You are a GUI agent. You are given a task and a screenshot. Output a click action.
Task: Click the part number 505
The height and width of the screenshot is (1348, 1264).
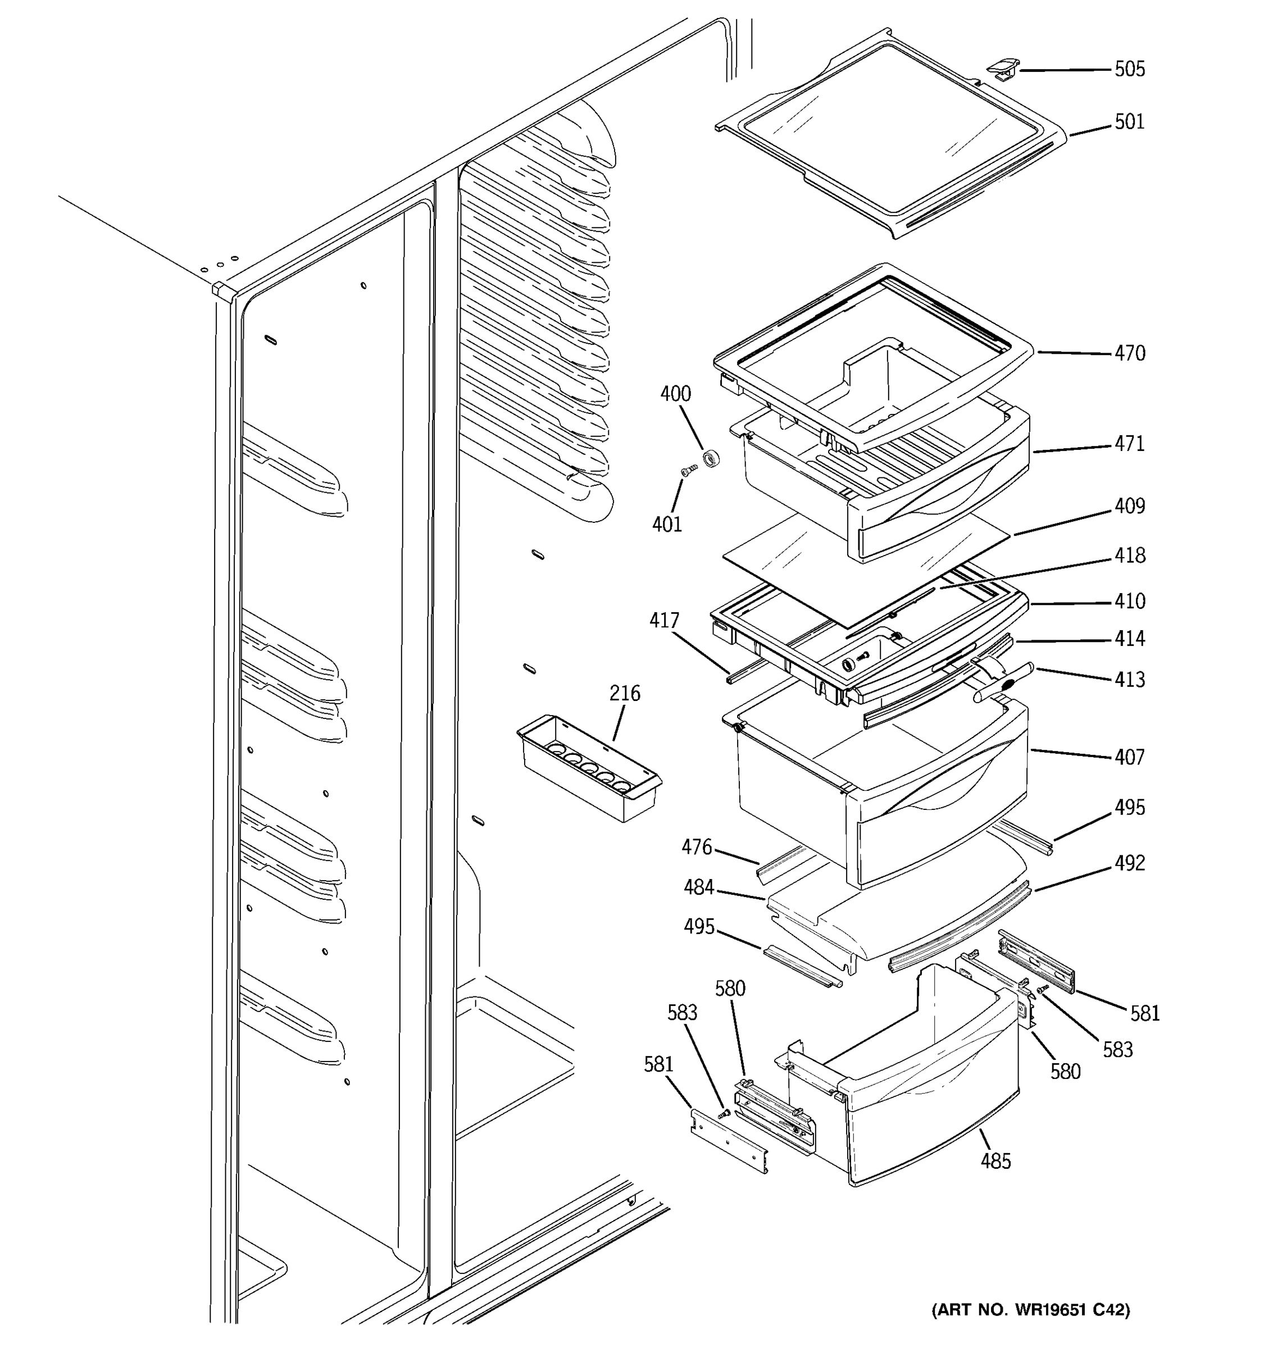click(1130, 69)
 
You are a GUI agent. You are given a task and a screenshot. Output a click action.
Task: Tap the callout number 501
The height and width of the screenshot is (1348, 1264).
click(1130, 122)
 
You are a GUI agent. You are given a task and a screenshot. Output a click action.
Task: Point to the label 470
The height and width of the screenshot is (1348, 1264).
click(1130, 353)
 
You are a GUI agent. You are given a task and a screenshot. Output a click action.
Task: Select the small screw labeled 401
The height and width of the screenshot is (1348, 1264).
click(688, 470)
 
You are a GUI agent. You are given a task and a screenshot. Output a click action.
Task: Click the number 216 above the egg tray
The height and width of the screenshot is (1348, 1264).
click(625, 693)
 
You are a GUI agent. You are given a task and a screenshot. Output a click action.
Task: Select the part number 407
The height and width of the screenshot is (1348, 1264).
click(1130, 757)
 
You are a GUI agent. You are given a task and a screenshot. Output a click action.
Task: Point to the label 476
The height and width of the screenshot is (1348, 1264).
click(697, 847)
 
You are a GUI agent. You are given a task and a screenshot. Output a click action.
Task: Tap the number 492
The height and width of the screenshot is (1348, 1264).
click(1130, 863)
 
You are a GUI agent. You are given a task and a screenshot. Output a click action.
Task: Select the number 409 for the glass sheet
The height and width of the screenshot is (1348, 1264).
click(1130, 507)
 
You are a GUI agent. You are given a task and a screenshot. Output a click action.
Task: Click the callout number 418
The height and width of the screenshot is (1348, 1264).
click(1130, 556)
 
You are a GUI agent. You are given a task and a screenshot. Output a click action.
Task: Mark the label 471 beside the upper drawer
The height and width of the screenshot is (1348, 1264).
click(1130, 444)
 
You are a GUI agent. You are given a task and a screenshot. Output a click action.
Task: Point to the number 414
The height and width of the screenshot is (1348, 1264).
click(1130, 639)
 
